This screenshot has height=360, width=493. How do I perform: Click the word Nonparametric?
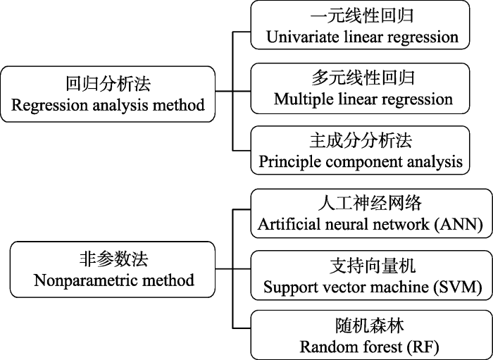[86, 280]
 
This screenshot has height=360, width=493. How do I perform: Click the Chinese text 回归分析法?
[108, 84]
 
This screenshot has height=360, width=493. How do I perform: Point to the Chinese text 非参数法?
[114, 259]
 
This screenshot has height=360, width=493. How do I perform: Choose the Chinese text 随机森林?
[370, 326]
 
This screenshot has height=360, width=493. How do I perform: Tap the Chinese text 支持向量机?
[373, 266]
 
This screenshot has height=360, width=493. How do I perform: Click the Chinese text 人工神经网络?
[370, 203]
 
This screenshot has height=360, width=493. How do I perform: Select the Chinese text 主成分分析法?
[361, 140]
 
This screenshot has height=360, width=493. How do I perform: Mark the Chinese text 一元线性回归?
[361, 15]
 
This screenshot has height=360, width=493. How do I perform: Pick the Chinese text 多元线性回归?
[363, 77]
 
